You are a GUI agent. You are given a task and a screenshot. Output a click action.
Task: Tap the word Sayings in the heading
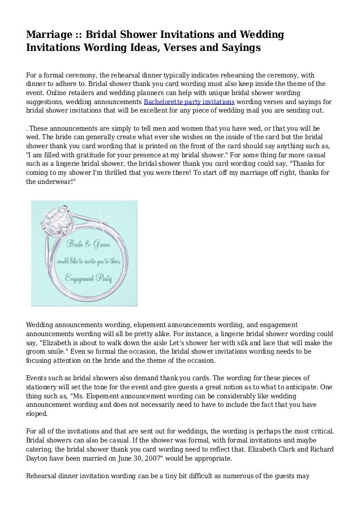click(x=236, y=48)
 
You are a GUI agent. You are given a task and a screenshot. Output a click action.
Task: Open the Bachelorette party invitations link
click(x=188, y=101)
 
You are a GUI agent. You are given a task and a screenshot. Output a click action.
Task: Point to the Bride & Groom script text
click(x=88, y=244)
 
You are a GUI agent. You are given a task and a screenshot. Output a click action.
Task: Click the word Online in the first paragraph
click(x=57, y=92)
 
